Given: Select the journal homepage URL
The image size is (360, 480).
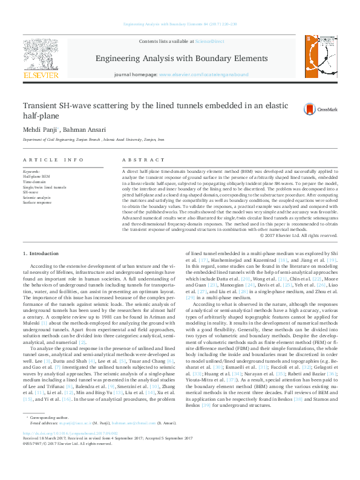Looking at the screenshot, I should click(203, 74).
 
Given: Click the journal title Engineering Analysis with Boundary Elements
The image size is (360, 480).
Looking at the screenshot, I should click(180, 58).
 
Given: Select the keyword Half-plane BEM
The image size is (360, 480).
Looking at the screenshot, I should click(36, 176).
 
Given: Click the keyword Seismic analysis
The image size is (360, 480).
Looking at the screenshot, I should click(37, 197).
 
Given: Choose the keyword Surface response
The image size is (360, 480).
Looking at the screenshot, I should click(37, 202).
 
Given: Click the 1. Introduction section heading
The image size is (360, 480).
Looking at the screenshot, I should click(41, 253).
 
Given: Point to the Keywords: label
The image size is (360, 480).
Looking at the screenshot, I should click(31, 171).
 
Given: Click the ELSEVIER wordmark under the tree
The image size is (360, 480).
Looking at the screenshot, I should click(40, 76).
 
